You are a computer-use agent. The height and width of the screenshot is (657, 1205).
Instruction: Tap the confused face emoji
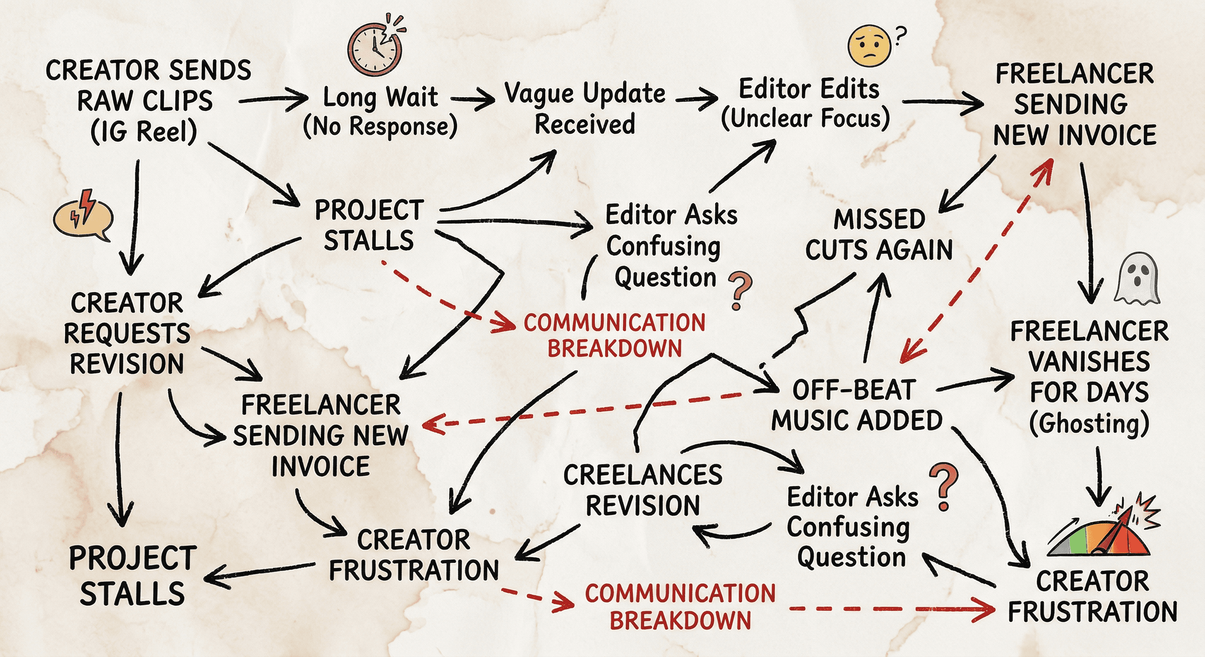pyautogui.click(x=869, y=46)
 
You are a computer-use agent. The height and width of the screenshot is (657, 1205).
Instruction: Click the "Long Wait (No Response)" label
pyautogui.click(x=380, y=111)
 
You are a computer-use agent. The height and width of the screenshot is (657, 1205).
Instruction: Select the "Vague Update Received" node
pyautogui.click(x=585, y=109)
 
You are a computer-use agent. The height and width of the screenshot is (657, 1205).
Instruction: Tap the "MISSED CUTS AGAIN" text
pyautogui.click(x=879, y=234)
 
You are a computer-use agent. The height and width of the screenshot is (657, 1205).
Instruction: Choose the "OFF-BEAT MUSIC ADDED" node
pyautogui.click(x=856, y=405)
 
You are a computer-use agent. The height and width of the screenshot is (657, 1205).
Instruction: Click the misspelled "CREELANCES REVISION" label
pyautogui.click(x=643, y=490)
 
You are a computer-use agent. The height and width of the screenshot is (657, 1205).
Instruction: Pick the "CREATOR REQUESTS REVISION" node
pyautogui.click(x=127, y=333)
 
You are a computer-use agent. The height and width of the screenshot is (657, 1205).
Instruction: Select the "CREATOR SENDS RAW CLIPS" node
pyautogui.click(x=147, y=86)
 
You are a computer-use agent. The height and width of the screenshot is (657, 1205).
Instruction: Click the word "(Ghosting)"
pyautogui.click(x=1089, y=423)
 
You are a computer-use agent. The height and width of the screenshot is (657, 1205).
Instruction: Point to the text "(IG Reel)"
pyautogui.click(x=144, y=131)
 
